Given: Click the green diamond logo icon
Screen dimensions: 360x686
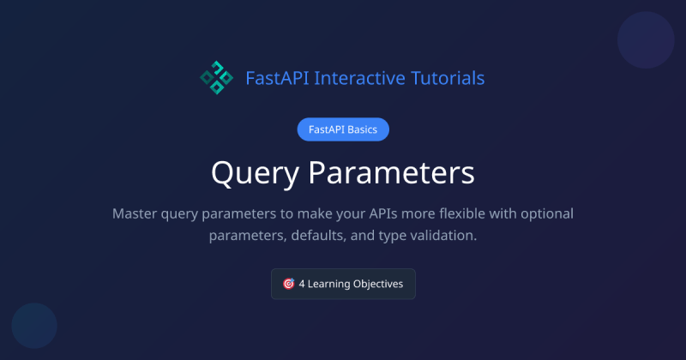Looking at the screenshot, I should click(216, 78).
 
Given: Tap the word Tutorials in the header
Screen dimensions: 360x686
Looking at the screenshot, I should click(448, 78).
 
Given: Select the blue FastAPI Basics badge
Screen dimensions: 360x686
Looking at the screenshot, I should click(343, 129).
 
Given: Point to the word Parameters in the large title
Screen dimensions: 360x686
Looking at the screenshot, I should click(391, 173).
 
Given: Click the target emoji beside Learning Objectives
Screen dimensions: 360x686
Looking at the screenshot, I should click(288, 284).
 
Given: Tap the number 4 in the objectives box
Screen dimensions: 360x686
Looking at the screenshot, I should click(303, 284).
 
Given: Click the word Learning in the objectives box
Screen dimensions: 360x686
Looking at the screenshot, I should click(331, 284).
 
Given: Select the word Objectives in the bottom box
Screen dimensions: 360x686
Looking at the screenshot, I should click(380, 284).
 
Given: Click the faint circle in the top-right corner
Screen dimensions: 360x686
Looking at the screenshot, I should click(646, 41).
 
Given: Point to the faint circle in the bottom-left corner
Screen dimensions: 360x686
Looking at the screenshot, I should click(34, 326).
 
